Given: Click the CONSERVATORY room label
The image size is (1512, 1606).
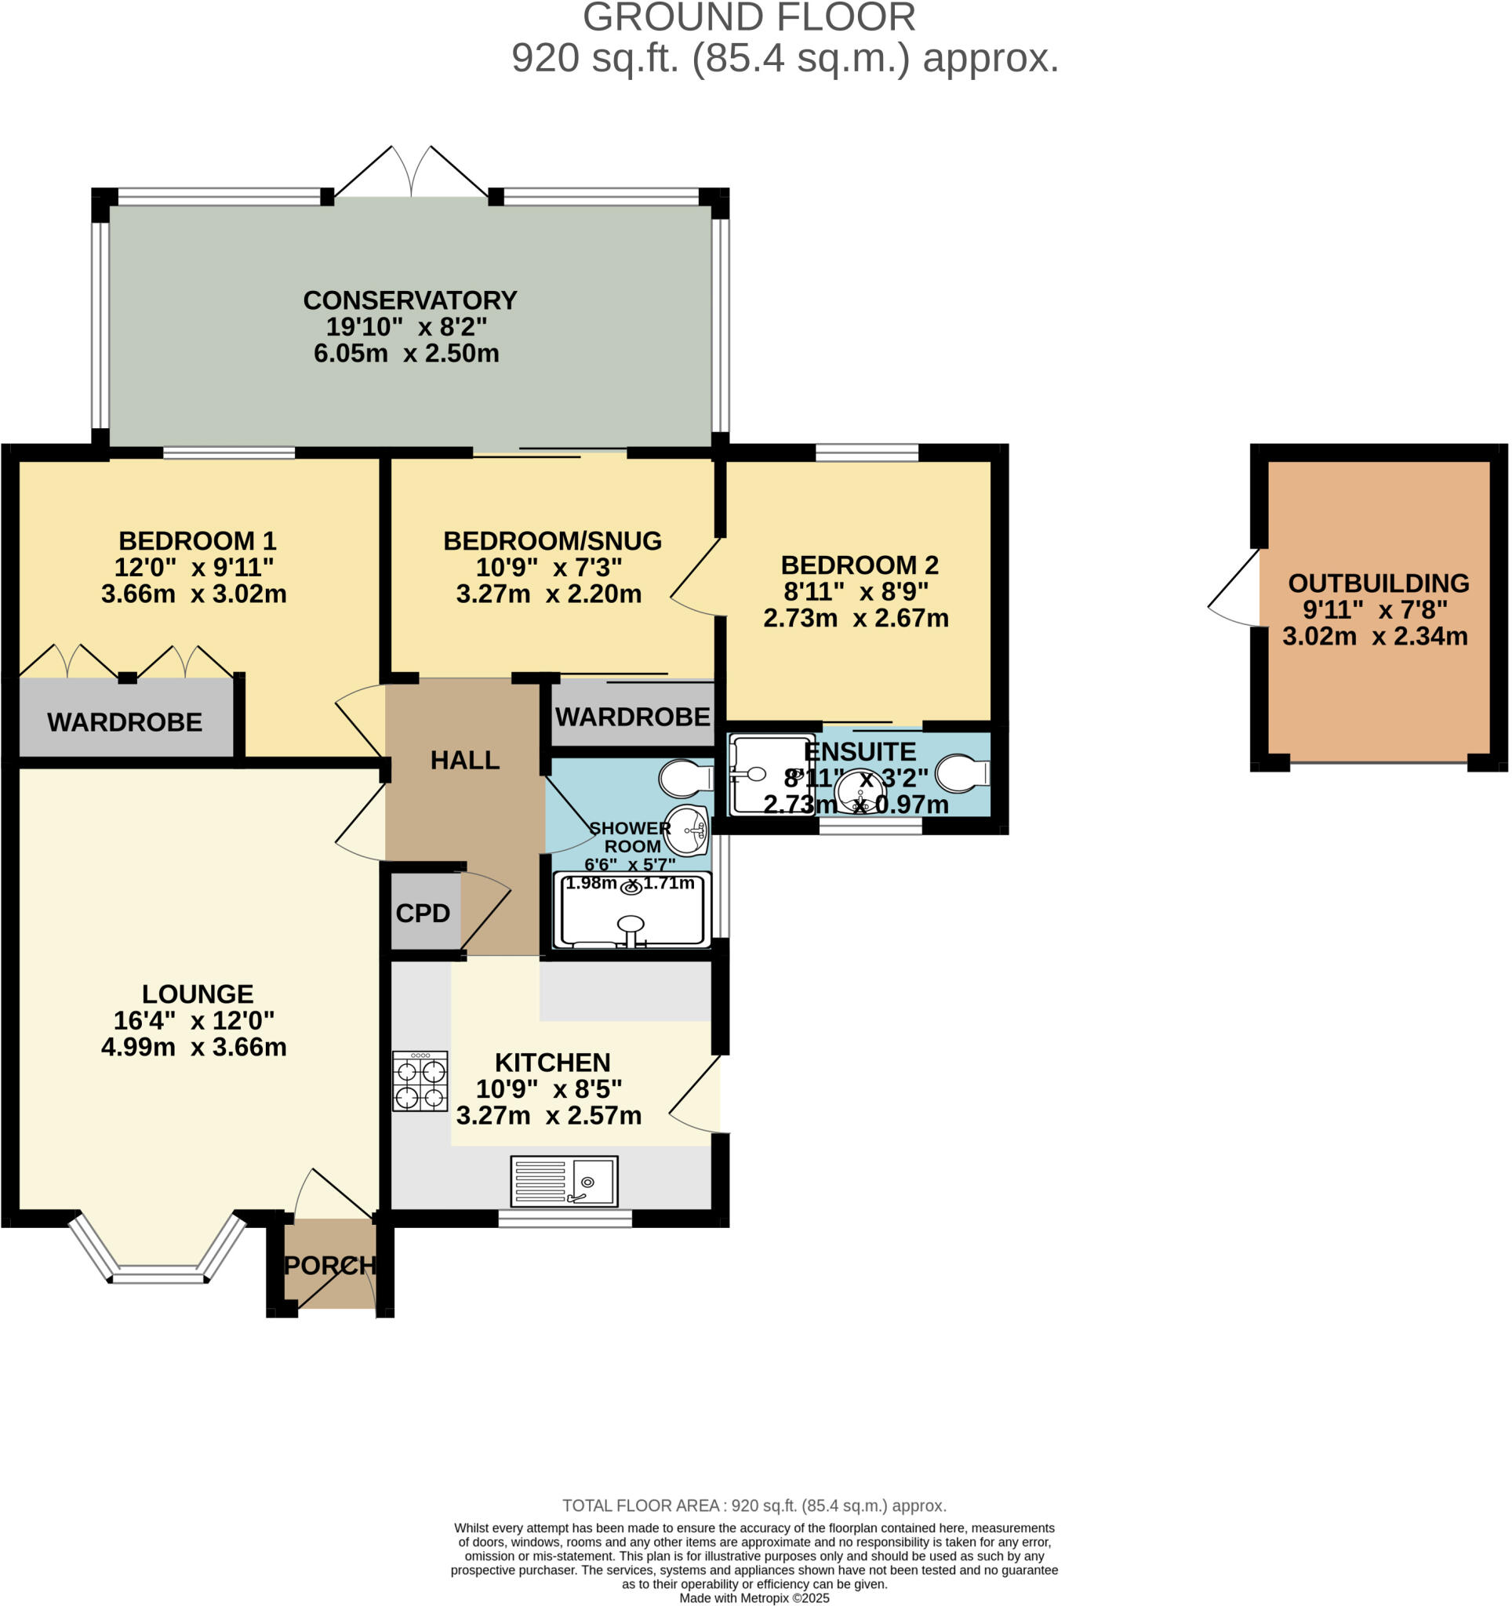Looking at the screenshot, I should pyautogui.click(x=409, y=300).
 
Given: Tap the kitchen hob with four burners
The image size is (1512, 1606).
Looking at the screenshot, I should pyautogui.click(x=420, y=1081).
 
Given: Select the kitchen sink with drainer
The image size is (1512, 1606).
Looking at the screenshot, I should pyautogui.click(x=564, y=1181).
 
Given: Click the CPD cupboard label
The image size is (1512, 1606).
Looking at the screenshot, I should pyautogui.click(x=423, y=914).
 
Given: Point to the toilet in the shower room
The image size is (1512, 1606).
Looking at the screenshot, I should pyautogui.click(x=685, y=779).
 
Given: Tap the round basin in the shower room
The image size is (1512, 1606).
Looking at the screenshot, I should pyautogui.click(x=687, y=830).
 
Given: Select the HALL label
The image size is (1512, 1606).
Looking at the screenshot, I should pyautogui.click(x=464, y=760).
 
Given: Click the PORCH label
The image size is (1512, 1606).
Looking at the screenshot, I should pyautogui.click(x=330, y=1265).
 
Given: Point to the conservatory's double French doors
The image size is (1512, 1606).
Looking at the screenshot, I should pyautogui.click(x=411, y=172).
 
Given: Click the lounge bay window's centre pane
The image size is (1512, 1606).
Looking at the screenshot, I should pyautogui.click(x=158, y=1277).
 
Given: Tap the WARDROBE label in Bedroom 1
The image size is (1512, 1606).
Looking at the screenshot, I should pyautogui.click(x=125, y=722).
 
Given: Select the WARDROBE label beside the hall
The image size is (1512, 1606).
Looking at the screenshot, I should pyautogui.click(x=632, y=717).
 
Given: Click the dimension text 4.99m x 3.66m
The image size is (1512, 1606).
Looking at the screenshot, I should pyautogui.click(x=194, y=1047).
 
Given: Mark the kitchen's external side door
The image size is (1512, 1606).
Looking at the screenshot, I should pyautogui.click(x=697, y=1095).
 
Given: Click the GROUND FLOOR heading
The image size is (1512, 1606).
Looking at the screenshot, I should pyautogui.click(x=749, y=18).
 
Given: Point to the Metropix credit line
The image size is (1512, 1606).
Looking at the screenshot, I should pyautogui.click(x=754, y=1597).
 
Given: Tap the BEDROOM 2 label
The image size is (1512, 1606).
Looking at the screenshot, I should pyautogui.click(x=860, y=565).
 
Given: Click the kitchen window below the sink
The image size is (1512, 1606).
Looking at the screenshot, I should pyautogui.click(x=565, y=1219).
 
